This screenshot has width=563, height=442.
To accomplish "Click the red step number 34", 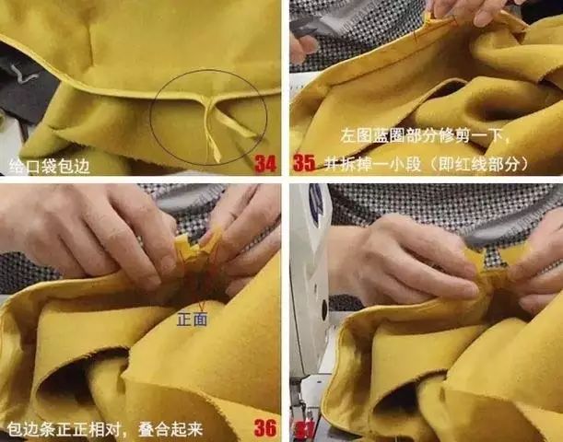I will click(265, 164).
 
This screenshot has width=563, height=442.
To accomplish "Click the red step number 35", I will click(304, 164).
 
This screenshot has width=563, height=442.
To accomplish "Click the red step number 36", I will click(265, 428).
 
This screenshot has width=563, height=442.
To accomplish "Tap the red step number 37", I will click(303, 429).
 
